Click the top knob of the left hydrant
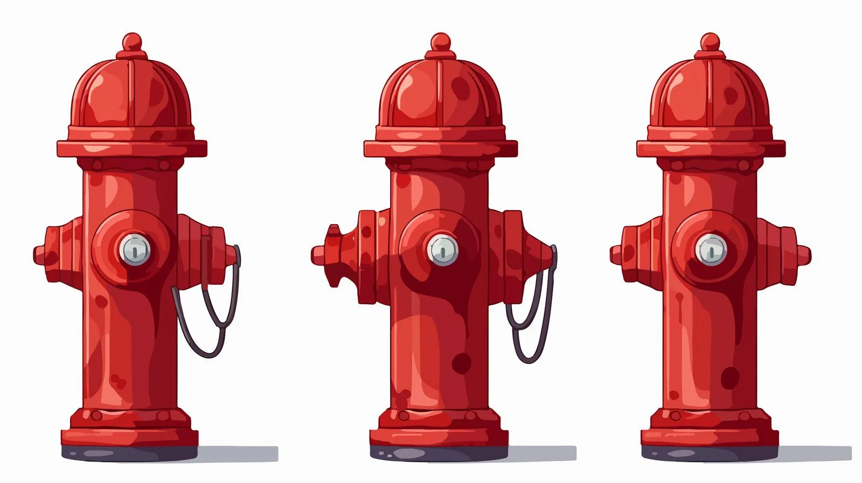pyautogui.click(x=131, y=42)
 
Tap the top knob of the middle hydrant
pyautogui.click(x=440, y=42)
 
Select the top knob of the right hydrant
pyautogui.click(x=710, y=42)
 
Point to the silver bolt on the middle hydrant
pyautogui.click(x=443, y=249)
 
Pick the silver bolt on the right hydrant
pyautogui.click(x=711, y=249)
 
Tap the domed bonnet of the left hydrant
pyautogui.click(x=132, y=97)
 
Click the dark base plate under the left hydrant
pyautogui.click(x=129, y=454)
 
